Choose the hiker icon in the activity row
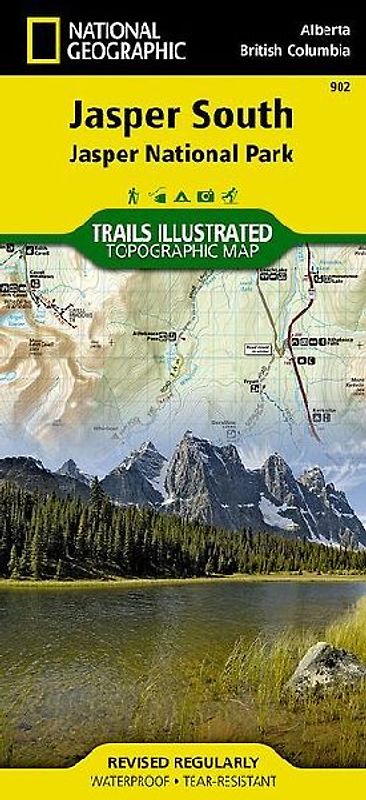133,194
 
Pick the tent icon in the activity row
183,194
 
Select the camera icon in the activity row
207,194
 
